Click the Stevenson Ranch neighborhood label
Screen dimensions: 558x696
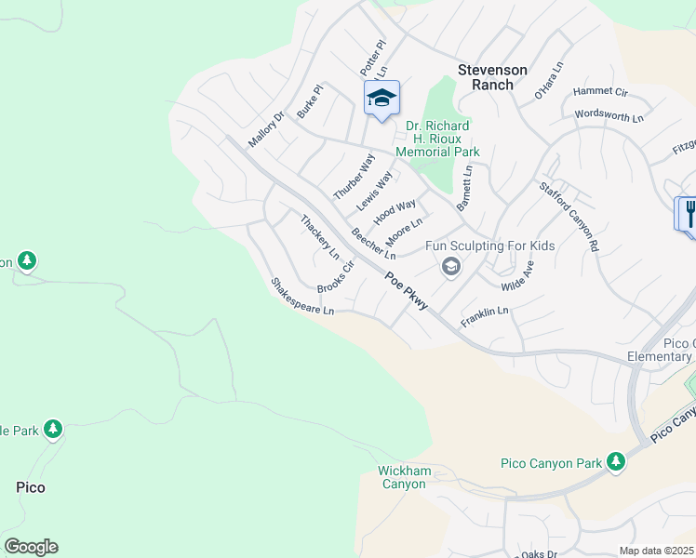[492, 77]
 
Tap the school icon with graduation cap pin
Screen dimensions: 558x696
[381, 98]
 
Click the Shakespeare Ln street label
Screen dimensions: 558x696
[301, 297]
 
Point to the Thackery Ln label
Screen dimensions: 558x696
[319, 236]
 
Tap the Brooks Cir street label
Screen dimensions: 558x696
[336, 276]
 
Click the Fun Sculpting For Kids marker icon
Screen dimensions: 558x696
[450, 268]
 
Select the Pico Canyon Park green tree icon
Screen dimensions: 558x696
[615, 461]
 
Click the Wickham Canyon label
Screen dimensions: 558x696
[405, 477]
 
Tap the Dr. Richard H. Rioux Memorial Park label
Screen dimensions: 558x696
[437, 139]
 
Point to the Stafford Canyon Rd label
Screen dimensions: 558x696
[568, 218]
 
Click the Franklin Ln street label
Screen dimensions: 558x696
[486, 317]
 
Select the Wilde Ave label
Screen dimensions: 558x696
[518, 276]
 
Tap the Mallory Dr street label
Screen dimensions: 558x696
[265, 130]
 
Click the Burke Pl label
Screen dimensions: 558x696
[310, 101]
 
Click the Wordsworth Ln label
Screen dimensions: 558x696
[609, 117]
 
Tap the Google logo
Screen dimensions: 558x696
[31, 547]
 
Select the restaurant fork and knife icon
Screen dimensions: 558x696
[689, 214]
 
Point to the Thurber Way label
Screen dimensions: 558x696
[354, 177]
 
